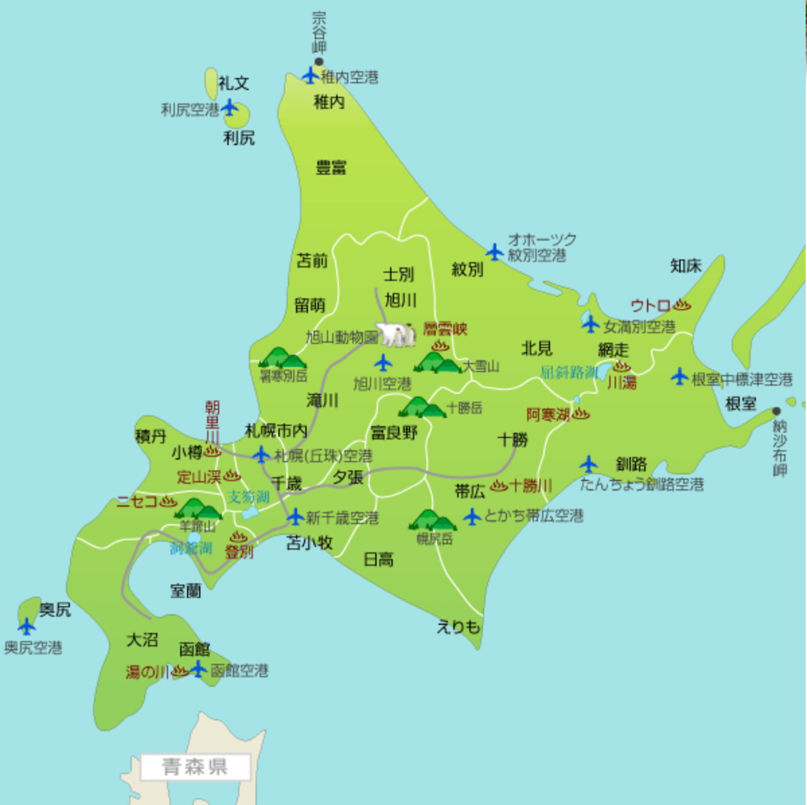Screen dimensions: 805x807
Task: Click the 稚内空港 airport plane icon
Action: pos(311,75)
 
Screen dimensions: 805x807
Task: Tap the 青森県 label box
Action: pos(195,767)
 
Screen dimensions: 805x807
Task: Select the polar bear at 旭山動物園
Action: pos(392,334)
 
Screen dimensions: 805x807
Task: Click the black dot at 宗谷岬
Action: pos(319,62)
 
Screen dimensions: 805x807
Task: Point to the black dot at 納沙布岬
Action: pos(777,411)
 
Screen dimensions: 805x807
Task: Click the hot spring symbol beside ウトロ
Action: pos(682,305)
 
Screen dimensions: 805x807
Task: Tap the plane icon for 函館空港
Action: pos(198,669)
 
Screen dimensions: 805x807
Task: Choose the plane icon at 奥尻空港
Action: pos(27,626)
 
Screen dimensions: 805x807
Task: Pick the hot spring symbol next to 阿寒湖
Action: pos(580,414)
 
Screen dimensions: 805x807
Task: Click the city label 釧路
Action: pos(631,464)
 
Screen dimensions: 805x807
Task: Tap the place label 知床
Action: pos(686,266)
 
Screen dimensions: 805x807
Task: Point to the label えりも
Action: pos(458,627)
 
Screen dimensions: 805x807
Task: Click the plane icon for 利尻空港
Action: pos(230,108)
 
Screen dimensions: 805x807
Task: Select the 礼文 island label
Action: pos(234,83)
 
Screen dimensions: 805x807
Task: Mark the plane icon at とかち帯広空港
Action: pos(473,516)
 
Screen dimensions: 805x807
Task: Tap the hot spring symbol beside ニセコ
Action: pos(168,501)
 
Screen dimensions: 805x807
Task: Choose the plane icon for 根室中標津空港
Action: pos(680,377)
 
